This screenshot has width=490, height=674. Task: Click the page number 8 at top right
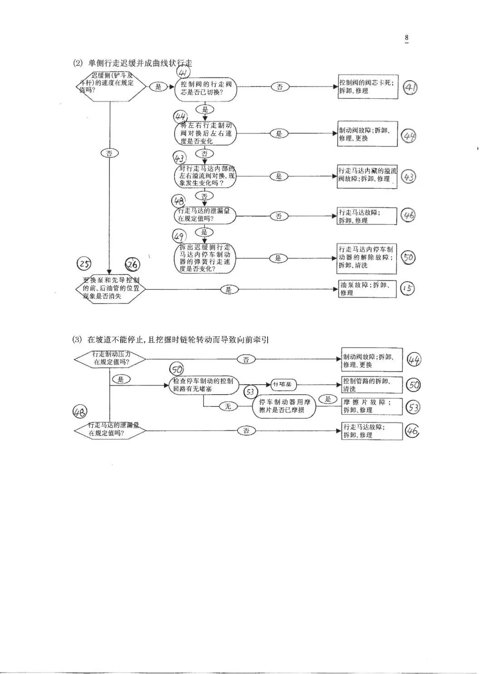point(407,38)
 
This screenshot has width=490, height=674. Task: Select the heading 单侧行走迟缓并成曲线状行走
point(140,63)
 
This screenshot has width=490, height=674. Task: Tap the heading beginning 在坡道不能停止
point(178,339)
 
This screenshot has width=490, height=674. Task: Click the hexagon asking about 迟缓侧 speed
point(110,86)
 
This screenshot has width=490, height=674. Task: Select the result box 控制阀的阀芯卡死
point(367,87)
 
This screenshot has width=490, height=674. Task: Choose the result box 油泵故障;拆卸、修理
point(367,288)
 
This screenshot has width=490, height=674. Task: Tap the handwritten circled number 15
point(408,288)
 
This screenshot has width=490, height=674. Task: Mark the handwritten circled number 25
point(84,264)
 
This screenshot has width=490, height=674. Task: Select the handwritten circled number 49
point(178,236)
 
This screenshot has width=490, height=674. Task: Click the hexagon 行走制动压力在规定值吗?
point(110,359)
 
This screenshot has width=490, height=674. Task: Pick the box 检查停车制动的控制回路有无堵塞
point(203,385)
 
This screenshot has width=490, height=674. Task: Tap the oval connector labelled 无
point(228,407)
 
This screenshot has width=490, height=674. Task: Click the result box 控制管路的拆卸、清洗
point(372,385)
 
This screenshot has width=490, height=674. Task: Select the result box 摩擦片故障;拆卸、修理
point(372,406)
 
